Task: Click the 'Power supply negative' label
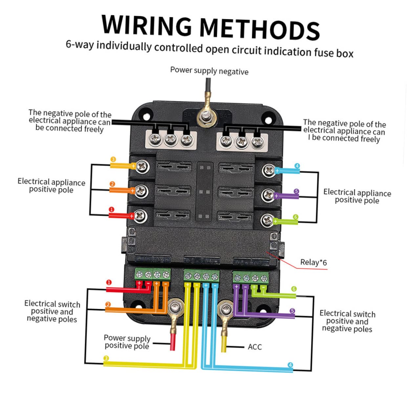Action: pos(209,71)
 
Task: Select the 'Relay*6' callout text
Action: pos(313,263)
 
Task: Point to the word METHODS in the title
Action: pos(260,29)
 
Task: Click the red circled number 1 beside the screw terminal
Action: pos(111,209)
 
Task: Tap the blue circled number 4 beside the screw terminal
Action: pos(297,166)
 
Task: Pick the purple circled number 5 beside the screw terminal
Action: pos(296,191)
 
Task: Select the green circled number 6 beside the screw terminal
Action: pos(295,217)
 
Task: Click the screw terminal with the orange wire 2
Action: pos(140,191)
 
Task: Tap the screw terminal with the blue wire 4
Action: pos(269,170)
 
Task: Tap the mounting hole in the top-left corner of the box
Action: pos(146,117)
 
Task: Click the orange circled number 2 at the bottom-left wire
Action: pos(108,304)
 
